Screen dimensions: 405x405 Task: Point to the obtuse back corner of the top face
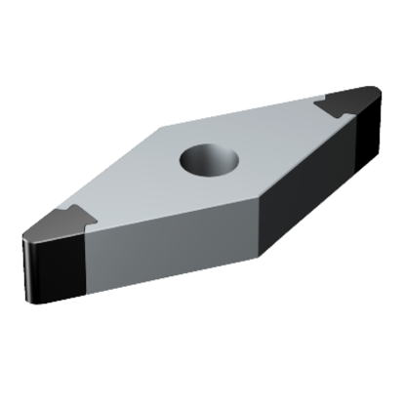pos(161,127)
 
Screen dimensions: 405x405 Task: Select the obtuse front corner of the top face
pos(259,191)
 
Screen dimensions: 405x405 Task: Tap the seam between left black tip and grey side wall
pos(89,259)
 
